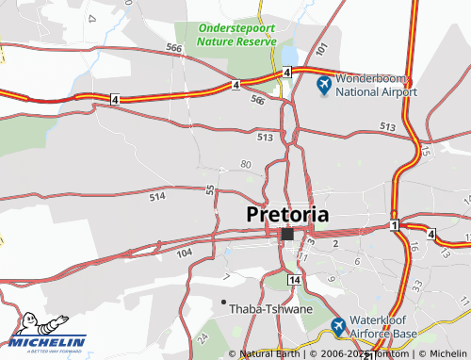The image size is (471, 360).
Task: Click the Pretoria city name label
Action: tap(287, 214)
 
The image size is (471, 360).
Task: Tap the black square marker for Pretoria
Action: tap(286, 234)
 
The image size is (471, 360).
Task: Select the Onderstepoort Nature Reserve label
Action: tap(235, 35)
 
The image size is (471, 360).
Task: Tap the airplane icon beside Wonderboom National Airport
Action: tap(324, 86)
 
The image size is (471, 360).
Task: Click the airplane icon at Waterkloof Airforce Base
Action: tap(339, 327)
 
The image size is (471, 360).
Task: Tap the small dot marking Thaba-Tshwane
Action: tap(223, 302)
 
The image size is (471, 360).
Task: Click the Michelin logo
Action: tap(47, 333)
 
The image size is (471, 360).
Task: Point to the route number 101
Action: tap(320, 48)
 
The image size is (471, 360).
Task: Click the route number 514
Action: tap(156, 196)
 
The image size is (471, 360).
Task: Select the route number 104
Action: tap(183, 254)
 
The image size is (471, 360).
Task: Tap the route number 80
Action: tap(246, 164)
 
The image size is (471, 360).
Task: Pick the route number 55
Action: tap(209, 190)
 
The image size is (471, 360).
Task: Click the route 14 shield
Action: tap(295, 281)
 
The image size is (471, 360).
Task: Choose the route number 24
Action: tap(202, 336)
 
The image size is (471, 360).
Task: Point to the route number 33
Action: tap(416, 284)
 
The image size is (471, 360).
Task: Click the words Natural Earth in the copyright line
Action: tap(269, 353)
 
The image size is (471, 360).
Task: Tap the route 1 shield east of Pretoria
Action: tap(393, 225)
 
